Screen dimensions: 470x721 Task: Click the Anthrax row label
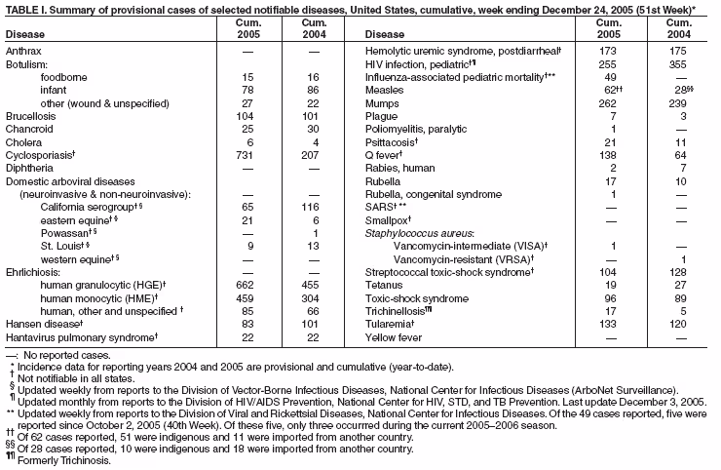click(x=23, y=49)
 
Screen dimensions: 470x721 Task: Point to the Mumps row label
click(x=382, y=102)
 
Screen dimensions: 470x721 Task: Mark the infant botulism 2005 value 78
click(x=247, y=89)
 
